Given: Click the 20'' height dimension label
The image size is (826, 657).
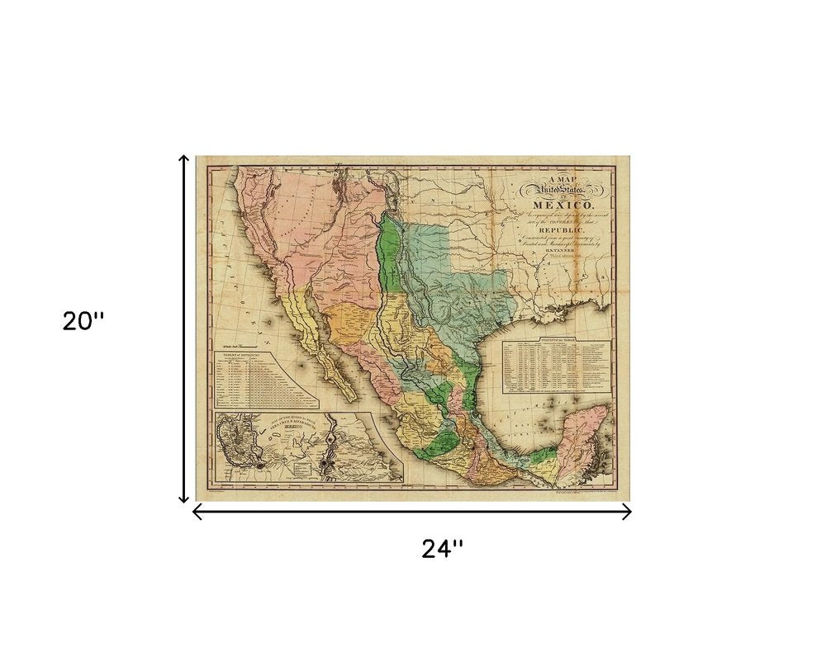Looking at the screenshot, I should coord(83,321).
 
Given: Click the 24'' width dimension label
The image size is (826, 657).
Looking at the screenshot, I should coord(443,549).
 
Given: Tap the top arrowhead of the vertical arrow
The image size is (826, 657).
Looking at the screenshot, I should coord(184,157).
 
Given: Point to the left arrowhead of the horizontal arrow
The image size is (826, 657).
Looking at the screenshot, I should coord(195,513).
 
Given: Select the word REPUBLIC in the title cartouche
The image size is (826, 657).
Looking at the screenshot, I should coord(563,229).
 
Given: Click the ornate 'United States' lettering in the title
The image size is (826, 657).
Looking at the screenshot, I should coord(562,190).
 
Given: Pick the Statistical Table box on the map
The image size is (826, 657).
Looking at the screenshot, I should coord(559,364).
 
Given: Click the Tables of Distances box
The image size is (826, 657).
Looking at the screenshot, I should coord(265,379).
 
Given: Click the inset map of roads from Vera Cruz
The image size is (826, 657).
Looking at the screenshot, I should coord(308,447).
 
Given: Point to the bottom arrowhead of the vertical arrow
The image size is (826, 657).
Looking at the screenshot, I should coord(184,499).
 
